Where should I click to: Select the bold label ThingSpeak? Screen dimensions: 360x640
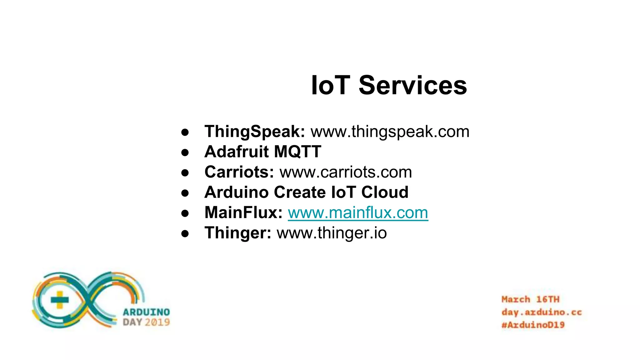(254, 132)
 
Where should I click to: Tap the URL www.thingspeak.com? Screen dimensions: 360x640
(390, 132)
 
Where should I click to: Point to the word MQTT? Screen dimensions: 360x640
(297, 152)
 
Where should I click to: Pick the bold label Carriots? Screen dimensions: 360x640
(239, 172)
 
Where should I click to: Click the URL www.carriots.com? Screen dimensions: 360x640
(346, 172)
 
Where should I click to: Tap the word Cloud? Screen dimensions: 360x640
(385, 192)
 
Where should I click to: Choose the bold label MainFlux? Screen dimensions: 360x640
(243, 212)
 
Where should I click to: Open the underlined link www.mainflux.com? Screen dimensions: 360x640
(358, 213)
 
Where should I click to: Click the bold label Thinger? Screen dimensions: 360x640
(238, 233)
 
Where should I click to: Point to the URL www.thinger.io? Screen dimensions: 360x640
(332, 233)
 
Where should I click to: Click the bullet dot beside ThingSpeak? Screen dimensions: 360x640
(185, 132)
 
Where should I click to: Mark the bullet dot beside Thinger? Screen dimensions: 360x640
(185, 234)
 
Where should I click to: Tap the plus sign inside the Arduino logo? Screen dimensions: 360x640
(59, 300)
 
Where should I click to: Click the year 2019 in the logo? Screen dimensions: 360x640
(157, 322)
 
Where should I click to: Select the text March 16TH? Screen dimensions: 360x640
(530, 299)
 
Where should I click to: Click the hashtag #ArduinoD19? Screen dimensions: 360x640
(533, 325)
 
